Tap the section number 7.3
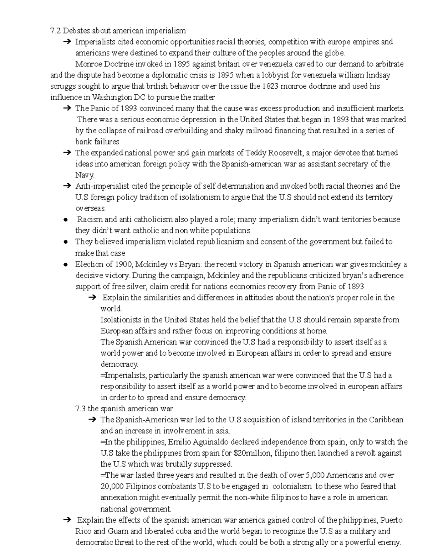(x=81, y=408)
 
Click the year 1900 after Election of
(x=123, y=265)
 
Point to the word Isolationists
(x=121, y=320)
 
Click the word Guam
(x=116, y=531)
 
